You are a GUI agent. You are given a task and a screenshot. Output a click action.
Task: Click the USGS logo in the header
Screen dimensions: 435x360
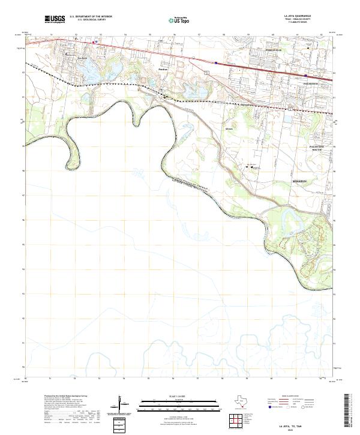(55, 20)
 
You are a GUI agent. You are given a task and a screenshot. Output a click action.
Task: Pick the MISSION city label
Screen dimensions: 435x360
(299, 181)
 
